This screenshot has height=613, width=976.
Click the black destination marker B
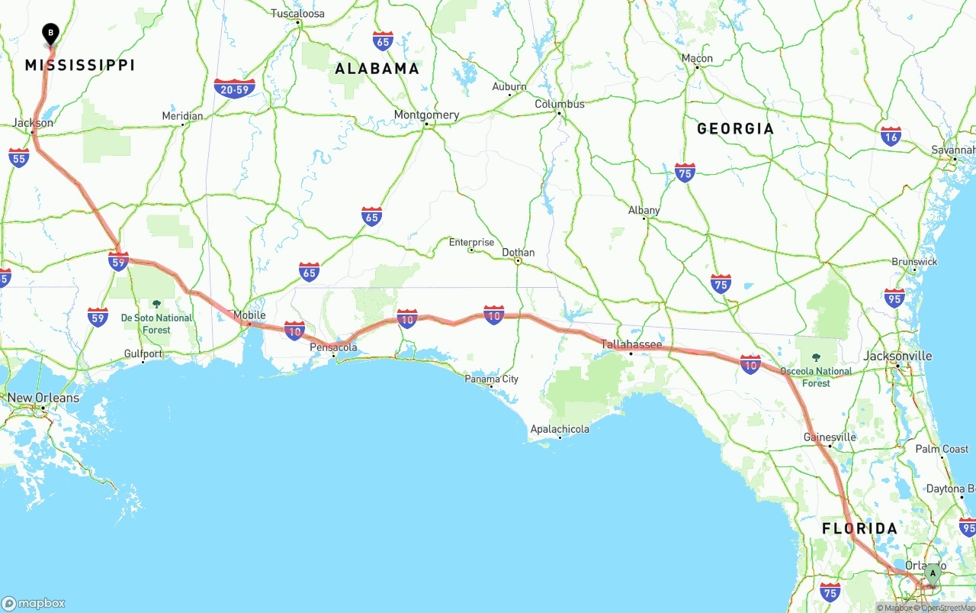click(50, 34)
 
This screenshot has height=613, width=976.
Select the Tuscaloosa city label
click(297, 14)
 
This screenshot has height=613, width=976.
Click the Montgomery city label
click(426, 115)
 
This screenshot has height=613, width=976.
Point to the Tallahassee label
click(631, 345)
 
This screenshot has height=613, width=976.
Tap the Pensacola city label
click(333, 347)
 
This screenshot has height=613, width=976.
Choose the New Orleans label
click(43, 398)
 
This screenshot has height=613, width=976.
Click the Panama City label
click(492, 379)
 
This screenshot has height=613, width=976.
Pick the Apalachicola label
click(560, 429)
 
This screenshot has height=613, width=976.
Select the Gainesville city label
click(830, 437)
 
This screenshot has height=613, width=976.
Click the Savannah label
click(953, 150)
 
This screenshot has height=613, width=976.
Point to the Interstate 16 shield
click(891, 136)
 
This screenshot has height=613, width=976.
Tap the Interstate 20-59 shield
click(234, 89)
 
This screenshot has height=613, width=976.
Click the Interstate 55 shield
click(19, 158)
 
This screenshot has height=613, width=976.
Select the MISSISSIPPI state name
click(80, 66)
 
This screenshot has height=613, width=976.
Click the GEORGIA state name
click(735, 129)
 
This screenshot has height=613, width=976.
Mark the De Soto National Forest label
click(156, 324)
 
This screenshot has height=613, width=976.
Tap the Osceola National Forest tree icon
click(816, 357)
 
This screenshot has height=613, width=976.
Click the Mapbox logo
click(34, 603)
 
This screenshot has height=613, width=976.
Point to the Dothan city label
click(518, 253)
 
